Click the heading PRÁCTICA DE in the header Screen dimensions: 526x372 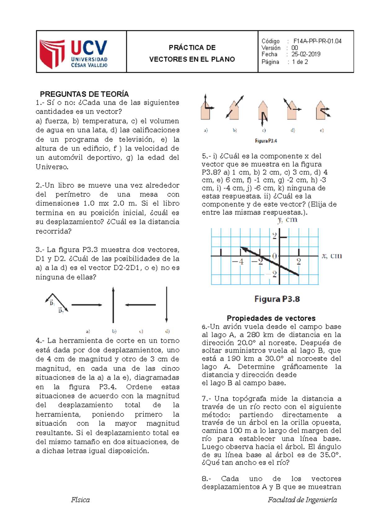(x=192, y=47)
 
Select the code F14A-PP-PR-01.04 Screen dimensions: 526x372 (x=317, y=41)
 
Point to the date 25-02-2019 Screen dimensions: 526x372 (x=306, y=54)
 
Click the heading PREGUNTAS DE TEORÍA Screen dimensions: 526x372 (x=84, y=94)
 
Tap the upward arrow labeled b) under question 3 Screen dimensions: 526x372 (x=113, y=305)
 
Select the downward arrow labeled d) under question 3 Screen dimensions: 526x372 (x=166, y=305)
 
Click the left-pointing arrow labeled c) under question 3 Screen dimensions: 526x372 (x=140, y=305)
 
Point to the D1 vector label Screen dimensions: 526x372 (x=52, y=303)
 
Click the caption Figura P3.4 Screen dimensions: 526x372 (x=266, y=141)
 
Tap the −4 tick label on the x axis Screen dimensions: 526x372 (x=238, y=262)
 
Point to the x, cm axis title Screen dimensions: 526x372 (x=331, y=256)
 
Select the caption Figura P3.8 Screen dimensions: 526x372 (x=277, y=299)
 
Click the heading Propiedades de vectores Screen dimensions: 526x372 (x=271, y=318)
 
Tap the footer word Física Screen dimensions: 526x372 (x=80, y=500)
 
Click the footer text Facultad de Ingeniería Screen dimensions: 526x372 (x=302, y=500)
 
